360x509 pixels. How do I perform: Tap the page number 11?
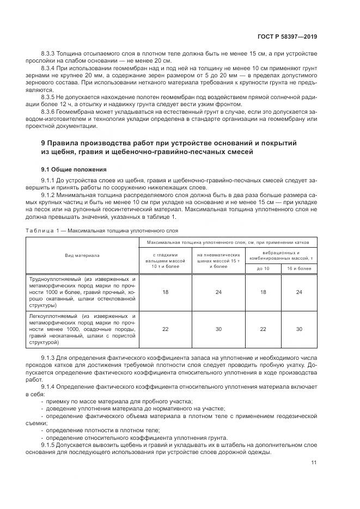click(314, 463)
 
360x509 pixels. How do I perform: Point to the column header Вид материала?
click(82, 254)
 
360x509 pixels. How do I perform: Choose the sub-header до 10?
click(263, 268)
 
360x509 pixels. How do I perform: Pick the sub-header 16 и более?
click(299, 268)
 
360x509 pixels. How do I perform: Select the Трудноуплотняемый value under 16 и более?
click(299, 292)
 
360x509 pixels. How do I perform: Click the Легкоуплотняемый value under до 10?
click(263, 330)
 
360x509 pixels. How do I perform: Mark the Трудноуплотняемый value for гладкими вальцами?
click(166, 292)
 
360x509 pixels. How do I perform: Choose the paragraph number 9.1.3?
click(48, 357)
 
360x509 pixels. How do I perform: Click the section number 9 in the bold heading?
click(34, 143)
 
